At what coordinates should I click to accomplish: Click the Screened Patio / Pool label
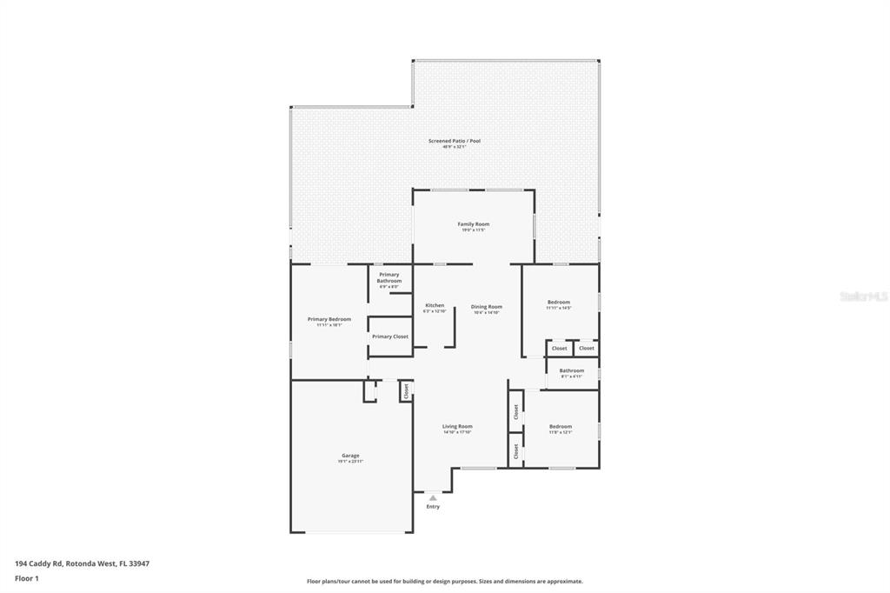coord(454,141)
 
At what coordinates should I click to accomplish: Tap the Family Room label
coord(474,224)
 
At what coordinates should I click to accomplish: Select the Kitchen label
coord(435,305)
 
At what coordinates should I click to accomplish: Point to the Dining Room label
coord(487,306)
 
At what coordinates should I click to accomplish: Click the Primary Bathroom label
coord(389,277)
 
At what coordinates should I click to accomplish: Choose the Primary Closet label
coord(389,336)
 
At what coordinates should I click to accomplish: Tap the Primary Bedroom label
coord(329,319)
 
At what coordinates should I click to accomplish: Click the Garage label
coord(350,456)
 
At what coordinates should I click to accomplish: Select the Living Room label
coord(457,426)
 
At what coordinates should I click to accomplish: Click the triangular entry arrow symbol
coord(433,497)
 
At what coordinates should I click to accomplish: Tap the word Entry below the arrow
coord(433,507)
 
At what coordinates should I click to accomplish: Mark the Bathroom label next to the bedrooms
coord(572,370)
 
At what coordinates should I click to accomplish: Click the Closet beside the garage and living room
coord(405,391)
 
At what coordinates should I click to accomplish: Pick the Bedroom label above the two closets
coord(558,302)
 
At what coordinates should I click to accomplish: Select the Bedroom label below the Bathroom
coord(561,426)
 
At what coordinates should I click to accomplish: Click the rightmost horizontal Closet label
coord(587,349)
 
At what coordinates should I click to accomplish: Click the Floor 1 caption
coord(27,578)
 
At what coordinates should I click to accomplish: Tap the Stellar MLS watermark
coord(863,296)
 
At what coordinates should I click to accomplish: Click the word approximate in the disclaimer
coord(563,582)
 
